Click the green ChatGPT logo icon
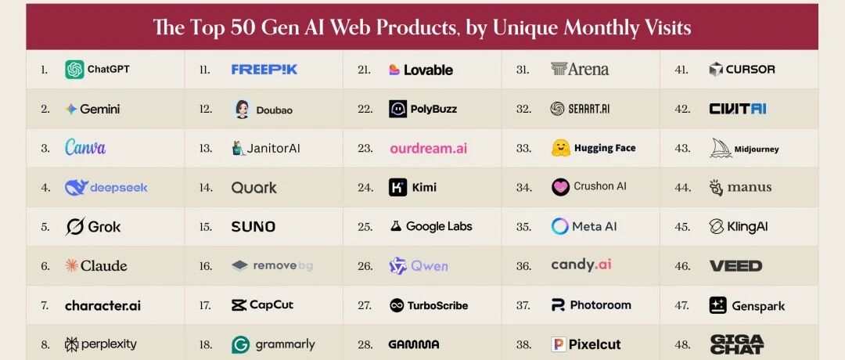[x=74, y=70]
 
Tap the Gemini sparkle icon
[x=71, y=110]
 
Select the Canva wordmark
[x=85, y=148]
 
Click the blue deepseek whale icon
[x=76, y=187]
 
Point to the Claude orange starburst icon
[x=71, y=266]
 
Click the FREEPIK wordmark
[x=264, y=70]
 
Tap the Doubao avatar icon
[x=242, y=110]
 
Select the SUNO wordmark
[x=253, y=227]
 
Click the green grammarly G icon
[x=241, y=344]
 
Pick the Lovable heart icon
[x=394, y=70]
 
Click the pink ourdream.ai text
[x=428, y=149]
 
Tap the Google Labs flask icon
[x=396, y=227]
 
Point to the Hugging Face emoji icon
[x=559, y=148]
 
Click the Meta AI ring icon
[x=559, y=227]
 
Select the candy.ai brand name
[x=581, y=265]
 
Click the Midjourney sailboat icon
[x=720, y=148]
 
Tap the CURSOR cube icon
[x=716, y=70]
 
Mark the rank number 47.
[x=681, y=305]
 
